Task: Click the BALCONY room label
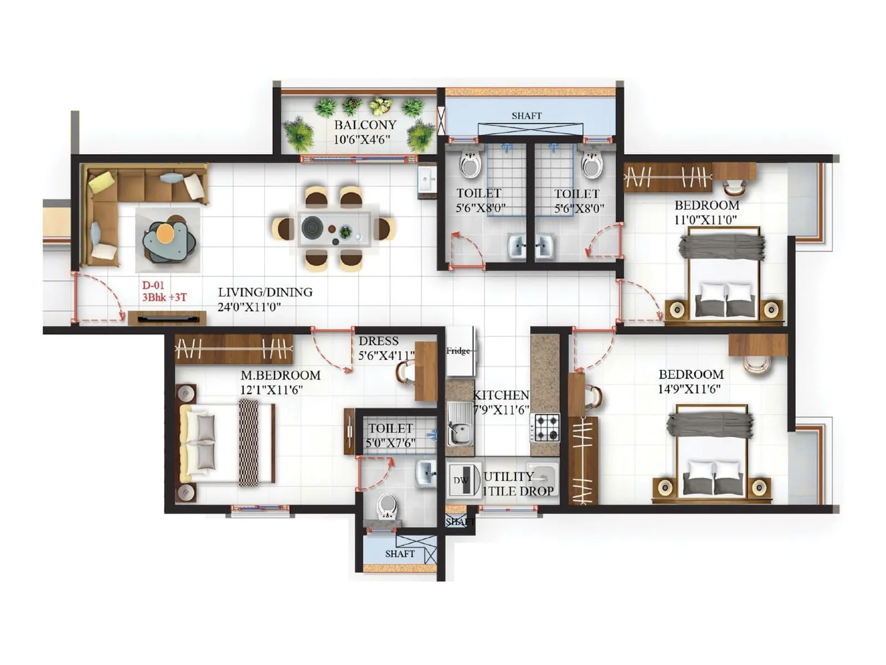[365, 125]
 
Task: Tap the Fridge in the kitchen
[459, 351]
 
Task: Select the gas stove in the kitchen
[545, 427]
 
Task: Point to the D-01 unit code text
[153, 285]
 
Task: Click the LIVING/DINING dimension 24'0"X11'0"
[249, 307]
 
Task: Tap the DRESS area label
[378, 341]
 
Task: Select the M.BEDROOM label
[280, 375]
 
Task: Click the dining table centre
[334, 228]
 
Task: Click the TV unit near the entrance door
[167, 318]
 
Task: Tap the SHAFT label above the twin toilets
[526, 116]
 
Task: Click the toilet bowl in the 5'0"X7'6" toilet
[387, 507]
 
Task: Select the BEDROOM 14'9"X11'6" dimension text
[689, 389]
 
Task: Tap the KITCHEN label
[501, 395]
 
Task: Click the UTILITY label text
[508, 477]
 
